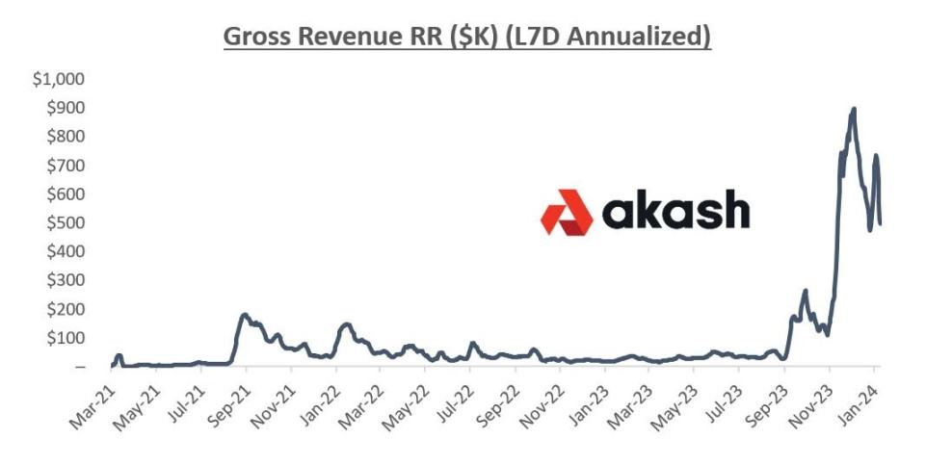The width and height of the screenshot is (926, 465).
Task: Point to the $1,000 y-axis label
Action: pyautogui.click(x=59, y=79)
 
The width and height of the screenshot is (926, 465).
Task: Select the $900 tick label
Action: pyautogui.click(x=66, y=108)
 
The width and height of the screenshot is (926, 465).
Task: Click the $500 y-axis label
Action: pyautogui.click(x=66, y=222)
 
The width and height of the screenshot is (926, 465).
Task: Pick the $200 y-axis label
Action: pyautogui.click(x=66, y=309)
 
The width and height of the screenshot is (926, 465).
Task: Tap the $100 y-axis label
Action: pyautogui.click(x=66, y=338)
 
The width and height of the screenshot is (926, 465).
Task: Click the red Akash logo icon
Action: pyautogui.click(x=567, y=213)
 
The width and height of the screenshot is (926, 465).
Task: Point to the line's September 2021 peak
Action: pyautogui.click(x=245, y=314)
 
